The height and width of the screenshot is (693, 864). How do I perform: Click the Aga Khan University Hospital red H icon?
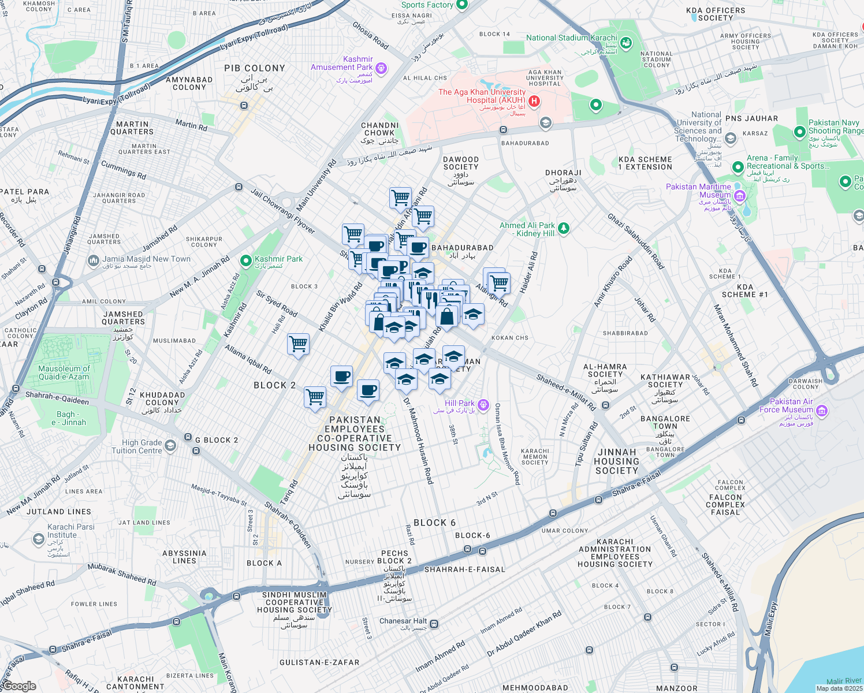[534, 101]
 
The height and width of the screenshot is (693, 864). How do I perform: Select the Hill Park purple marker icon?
[483, 405]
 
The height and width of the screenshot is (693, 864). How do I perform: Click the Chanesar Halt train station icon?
[434, 624]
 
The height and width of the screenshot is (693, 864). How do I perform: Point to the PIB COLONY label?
[255, 68]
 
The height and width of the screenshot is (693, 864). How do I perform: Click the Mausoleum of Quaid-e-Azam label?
[64, 372]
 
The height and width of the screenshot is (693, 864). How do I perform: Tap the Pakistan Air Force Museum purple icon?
[822, 411]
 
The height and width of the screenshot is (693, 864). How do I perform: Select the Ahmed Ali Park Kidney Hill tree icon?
[564, 228]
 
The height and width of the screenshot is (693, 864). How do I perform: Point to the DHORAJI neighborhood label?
[563, 173]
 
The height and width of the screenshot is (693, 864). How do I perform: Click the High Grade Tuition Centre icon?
[170, 445]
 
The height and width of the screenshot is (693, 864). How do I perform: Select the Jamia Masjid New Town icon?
[94, 261]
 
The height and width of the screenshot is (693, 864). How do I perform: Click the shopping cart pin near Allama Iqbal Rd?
[299, 344]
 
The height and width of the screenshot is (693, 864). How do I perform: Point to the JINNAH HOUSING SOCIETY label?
[617, 461]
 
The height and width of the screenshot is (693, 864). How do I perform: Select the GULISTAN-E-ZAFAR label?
[319, 662]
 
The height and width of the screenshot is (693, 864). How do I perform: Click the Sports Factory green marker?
[461, 5]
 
